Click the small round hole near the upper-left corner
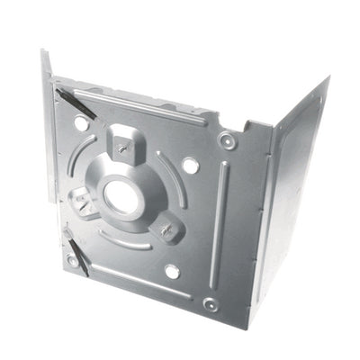[80, 122]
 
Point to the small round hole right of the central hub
[190, 166]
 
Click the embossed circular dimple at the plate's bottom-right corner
[210, 304]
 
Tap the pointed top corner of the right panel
[327, 78]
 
